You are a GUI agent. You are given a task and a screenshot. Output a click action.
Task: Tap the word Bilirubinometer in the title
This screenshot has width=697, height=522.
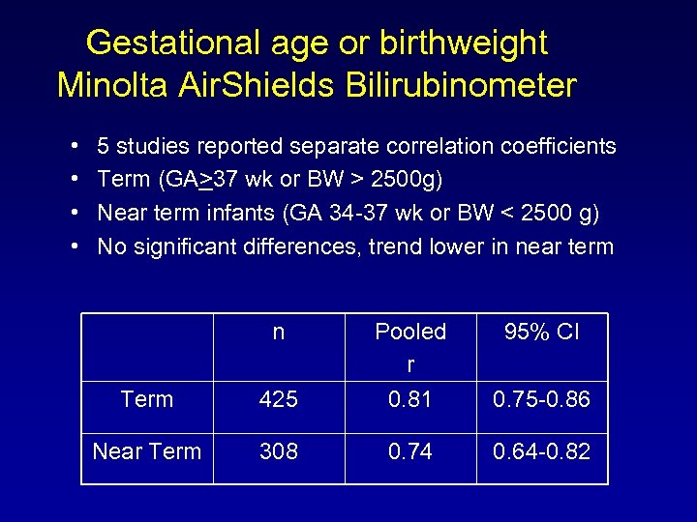(459, 85)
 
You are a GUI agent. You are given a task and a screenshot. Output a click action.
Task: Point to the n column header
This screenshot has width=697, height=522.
(279, 333)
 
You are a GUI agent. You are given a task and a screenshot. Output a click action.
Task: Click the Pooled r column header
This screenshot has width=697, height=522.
(410, 346)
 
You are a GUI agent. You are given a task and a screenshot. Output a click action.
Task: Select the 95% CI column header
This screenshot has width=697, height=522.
(542, 333)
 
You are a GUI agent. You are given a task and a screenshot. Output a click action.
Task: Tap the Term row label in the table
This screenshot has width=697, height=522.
(147, 399)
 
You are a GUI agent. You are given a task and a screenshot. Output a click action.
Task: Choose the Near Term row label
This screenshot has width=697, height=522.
(147, 451)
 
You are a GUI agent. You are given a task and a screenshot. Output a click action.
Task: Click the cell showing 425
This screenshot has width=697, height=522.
(279, 399)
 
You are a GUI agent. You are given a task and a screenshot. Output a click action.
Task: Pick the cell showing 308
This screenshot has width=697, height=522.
(279, 451)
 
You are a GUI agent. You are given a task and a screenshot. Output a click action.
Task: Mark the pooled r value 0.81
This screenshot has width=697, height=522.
(410, 399)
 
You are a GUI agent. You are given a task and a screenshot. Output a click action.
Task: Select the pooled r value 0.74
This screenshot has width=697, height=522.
(410, 451)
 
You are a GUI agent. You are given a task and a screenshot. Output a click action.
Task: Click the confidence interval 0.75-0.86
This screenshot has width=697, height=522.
(542, 399)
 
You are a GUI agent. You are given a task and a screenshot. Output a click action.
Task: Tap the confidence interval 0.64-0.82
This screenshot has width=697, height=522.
(542, 451)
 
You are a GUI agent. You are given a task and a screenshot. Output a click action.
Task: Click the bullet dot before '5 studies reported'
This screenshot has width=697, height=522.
(76, 147)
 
